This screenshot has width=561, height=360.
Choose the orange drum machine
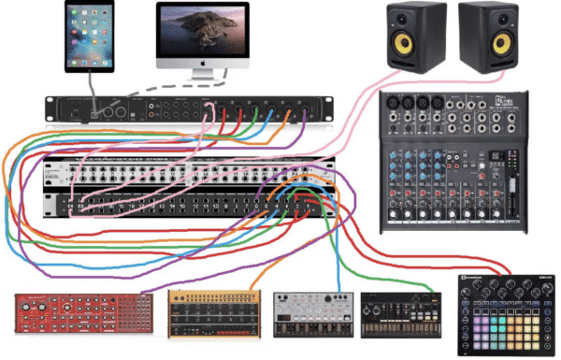click(214, 314)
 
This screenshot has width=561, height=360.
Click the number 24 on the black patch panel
click(72, 202)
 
